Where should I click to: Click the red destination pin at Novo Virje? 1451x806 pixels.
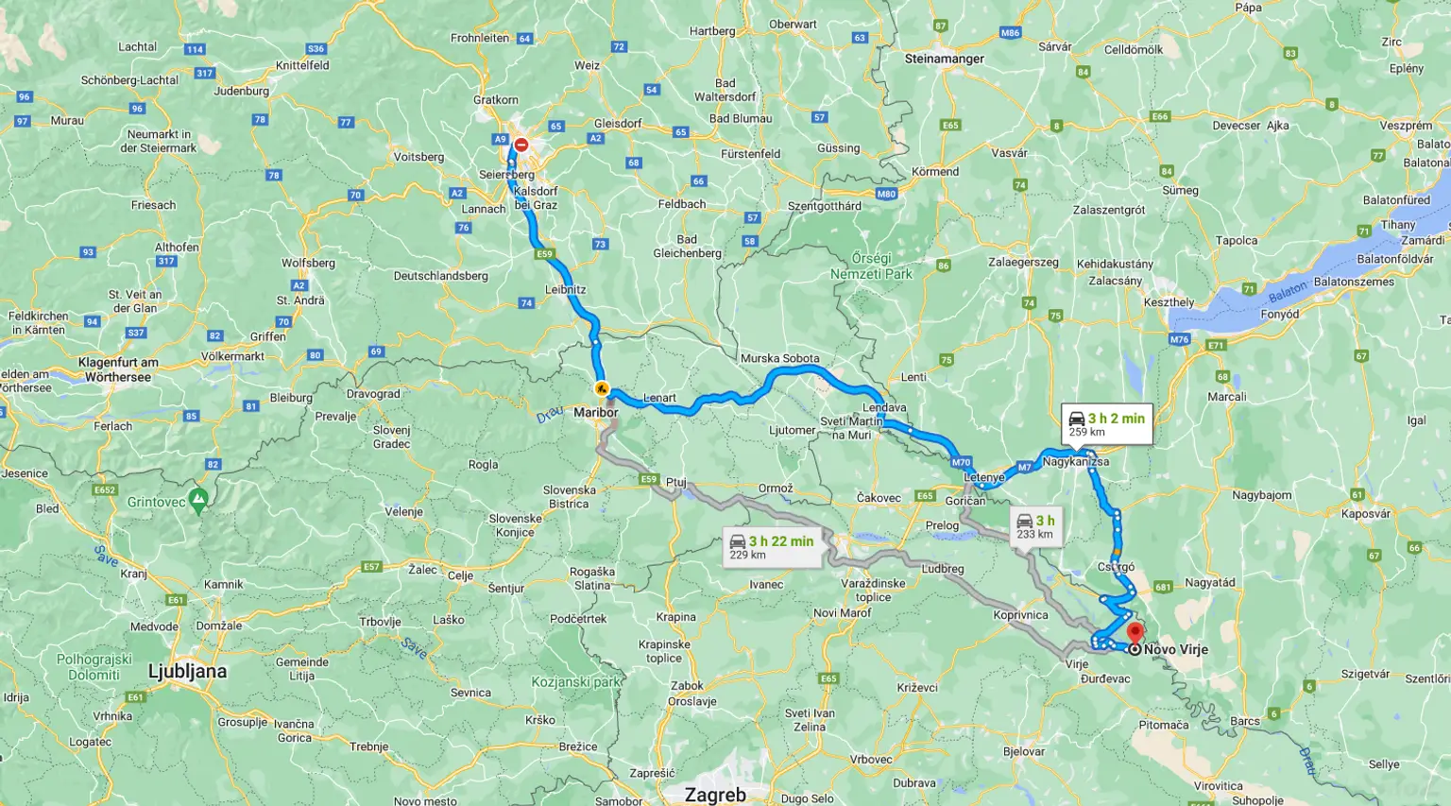1135,631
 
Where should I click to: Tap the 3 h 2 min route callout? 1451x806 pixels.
1106,424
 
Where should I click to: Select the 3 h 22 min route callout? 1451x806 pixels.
771,547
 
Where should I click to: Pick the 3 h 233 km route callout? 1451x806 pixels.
1035,526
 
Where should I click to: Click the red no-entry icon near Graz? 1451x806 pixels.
521,146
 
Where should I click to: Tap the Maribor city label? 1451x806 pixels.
595,412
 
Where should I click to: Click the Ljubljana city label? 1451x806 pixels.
187,672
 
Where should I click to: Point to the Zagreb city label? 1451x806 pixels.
715,794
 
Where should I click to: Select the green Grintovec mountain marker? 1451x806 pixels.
198,500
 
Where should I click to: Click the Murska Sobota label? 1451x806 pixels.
779,358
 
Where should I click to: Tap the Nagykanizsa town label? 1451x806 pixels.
1075,462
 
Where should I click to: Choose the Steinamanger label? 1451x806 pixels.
944,59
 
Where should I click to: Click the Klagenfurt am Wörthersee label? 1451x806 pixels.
118,369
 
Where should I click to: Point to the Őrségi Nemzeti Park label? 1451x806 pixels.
871,266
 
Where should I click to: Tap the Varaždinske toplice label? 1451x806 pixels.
873,590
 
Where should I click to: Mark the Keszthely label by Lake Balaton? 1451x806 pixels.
1169,302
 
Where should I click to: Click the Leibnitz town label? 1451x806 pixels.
565,289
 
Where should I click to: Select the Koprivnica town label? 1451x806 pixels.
1020,614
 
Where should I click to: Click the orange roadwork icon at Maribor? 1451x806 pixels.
602,388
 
